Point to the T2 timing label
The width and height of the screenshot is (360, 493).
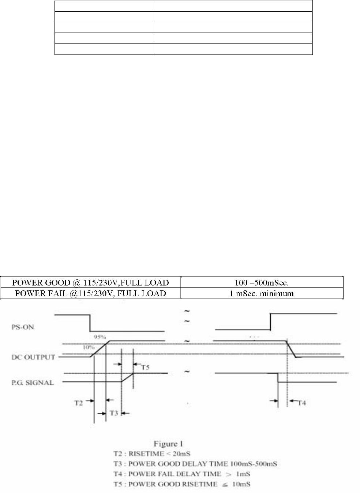coord(78,403)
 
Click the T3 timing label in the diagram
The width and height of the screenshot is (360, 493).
coord(114,413)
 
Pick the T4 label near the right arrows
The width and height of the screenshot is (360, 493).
coord(301,403)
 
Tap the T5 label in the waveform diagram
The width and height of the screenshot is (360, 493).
coord(145,367)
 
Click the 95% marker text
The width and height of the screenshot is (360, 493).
coord(100,337)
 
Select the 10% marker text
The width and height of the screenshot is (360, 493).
coord(89,347)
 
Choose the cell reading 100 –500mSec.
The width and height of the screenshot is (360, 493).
coord(262,283)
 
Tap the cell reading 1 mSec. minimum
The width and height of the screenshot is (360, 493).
coord(262,293)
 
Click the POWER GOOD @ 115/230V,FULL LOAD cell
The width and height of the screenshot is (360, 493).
coord(91,283)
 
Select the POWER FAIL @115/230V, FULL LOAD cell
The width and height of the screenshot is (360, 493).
coord(89,293)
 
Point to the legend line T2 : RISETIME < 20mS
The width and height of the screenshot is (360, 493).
coord(151,454)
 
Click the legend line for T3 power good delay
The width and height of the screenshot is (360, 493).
coord(195,464)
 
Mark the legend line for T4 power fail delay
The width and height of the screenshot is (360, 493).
coord(181,474)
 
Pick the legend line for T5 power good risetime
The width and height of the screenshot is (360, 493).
coord(181,484)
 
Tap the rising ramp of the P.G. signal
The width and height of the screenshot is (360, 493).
coord(127,377)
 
